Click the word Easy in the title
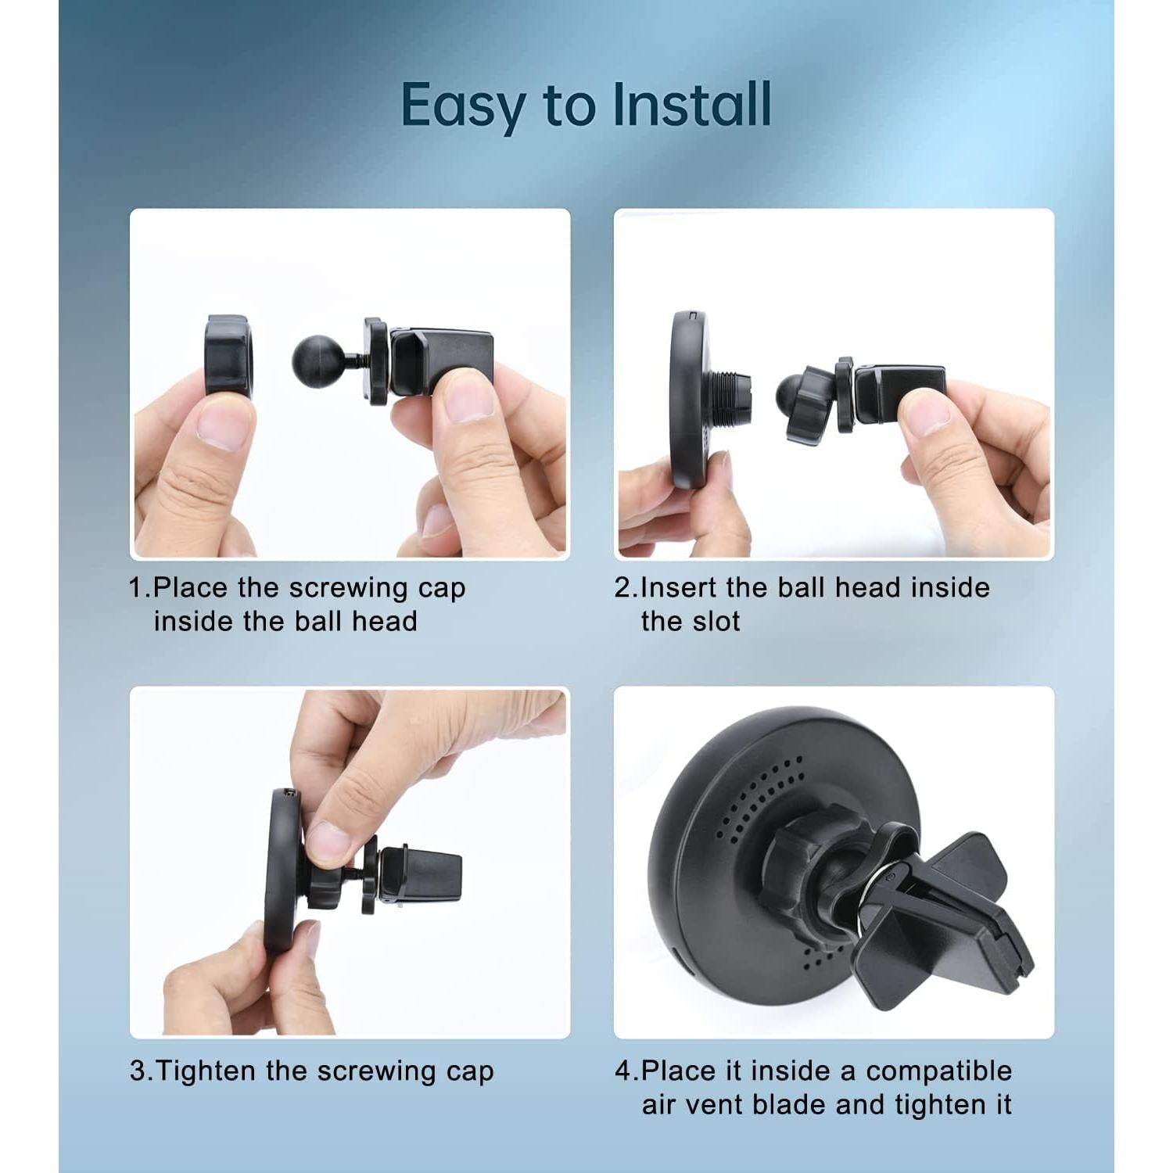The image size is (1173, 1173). (464, 106)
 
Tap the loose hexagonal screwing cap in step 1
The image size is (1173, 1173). (228, 357)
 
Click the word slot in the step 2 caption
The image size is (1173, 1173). (713, 622)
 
